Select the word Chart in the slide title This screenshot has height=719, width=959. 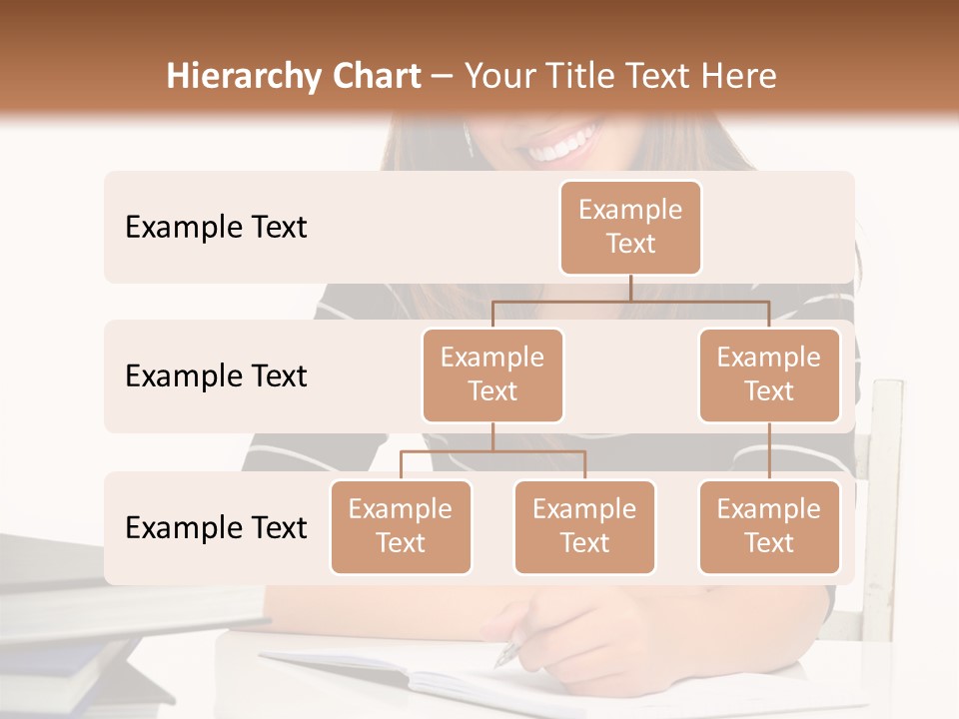click(x=376, y=77)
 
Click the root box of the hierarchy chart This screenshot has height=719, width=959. click(x=630, y=227)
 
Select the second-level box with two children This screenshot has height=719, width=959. click(x=492, y=374)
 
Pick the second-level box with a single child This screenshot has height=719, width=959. click(x=769, y=374)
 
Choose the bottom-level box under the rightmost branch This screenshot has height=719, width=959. click(x=769, y=526)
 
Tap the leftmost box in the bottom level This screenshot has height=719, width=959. click(x=401, y=526)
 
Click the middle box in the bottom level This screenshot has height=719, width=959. click(x=584, y=526)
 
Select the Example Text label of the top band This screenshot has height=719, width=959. click(x=216, y=228)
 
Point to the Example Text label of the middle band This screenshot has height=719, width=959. click(x=216, y=376)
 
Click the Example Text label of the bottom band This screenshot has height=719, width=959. click(x=216, y=527)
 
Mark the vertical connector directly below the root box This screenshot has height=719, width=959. click(x=630, y=288)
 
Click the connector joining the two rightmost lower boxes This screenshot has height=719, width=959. click(x=769, y=451)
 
